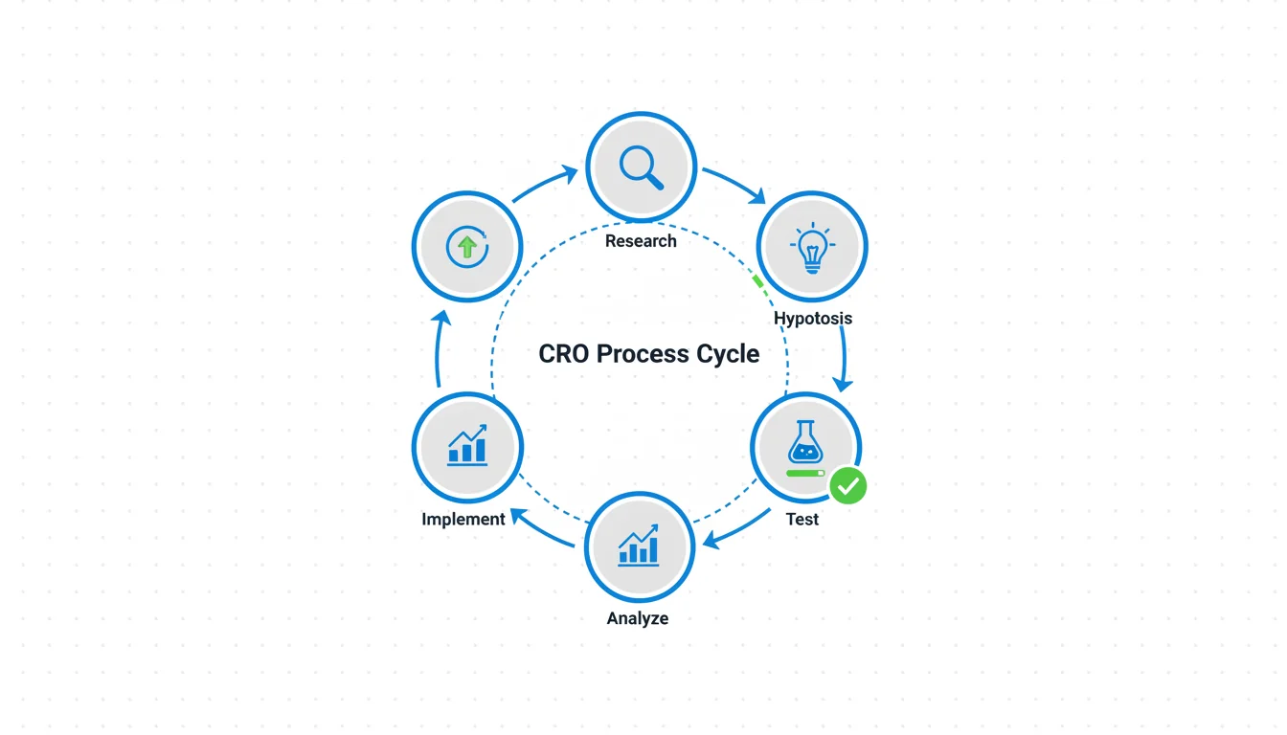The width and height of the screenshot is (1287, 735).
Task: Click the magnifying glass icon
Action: tap(641, 167)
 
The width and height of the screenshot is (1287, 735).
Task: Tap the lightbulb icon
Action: tap(812, 247)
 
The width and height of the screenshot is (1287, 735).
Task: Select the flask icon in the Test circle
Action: tap(806, 443)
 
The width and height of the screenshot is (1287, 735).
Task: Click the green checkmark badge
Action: tap(847, 485)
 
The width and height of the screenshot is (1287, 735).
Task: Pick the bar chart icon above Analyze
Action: tap(639, 546)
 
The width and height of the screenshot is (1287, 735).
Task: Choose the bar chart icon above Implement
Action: tap(467, 446)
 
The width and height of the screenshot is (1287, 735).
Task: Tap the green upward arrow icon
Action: tap(467, 247)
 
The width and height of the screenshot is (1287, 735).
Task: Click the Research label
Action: tap(641, 241)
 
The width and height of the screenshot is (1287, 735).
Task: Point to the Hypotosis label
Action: tap(813, 318)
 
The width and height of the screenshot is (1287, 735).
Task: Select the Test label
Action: tap(802, 519)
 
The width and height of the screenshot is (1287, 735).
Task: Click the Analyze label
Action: tap(638, 618)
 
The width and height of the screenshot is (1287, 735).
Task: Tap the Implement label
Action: tap(463, 519)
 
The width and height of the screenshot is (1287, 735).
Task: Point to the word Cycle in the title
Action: tap(727, 354)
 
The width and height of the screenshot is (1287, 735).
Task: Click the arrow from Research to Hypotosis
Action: tap(735, 185)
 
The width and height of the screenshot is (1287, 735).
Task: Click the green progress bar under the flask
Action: tap(803, 473)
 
